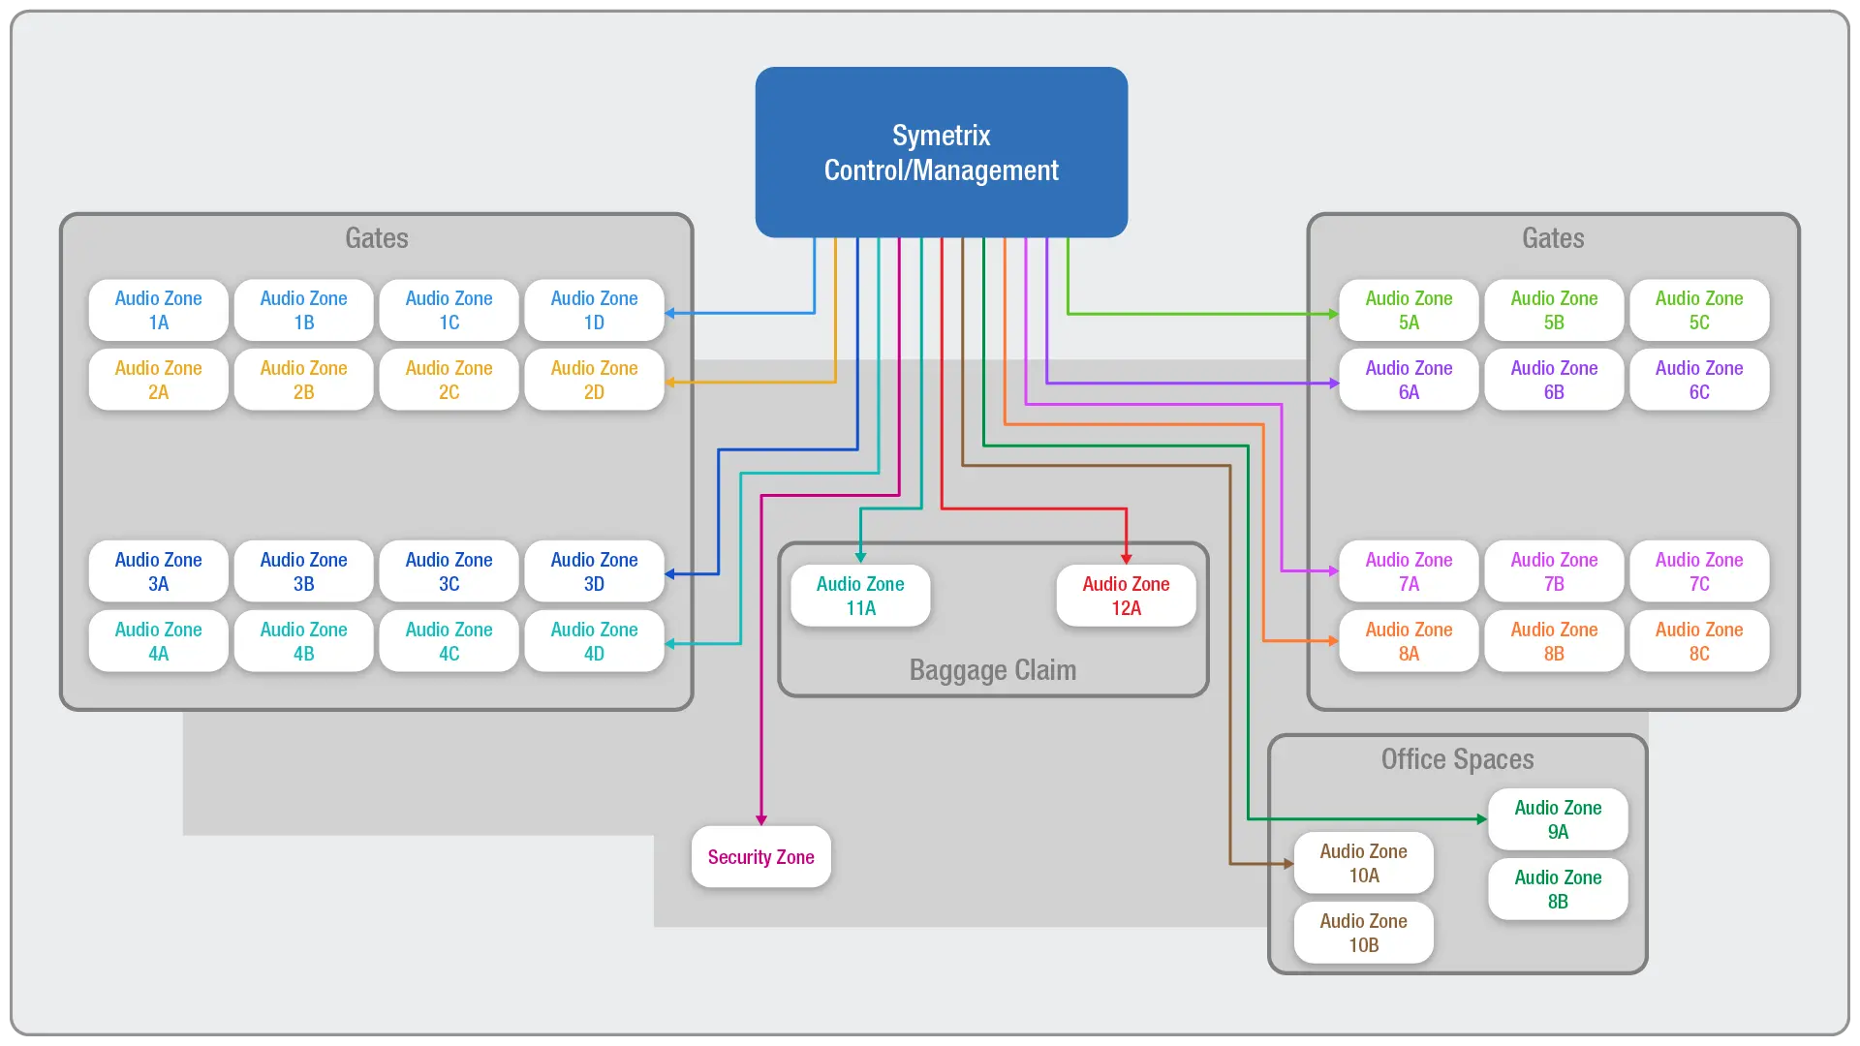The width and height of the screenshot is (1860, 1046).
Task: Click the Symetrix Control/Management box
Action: [x=941, y=152]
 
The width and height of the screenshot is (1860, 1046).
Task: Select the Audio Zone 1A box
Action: [x=158, y=310]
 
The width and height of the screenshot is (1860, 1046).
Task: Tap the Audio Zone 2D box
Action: [x=594, y=380]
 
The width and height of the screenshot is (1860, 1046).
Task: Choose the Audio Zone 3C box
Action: [x=449, y=571]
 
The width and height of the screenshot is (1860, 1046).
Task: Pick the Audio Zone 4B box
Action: [x=303, y=641]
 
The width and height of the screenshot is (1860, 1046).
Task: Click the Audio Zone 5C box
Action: [x=1698, y=310]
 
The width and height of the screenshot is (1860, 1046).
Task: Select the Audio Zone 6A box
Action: [x=1409, y=380]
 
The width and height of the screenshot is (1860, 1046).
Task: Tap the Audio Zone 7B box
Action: [x=1554, y=571]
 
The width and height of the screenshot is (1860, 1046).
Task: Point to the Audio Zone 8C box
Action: [x=1698, y=641]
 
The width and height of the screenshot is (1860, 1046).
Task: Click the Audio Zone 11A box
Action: [x=860, y=596]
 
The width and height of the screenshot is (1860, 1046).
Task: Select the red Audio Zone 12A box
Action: [x=1126, y=596]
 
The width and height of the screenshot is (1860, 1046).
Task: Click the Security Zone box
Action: [x=760, y=857]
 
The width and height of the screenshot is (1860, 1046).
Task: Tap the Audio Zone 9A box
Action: [x=1558, y=819]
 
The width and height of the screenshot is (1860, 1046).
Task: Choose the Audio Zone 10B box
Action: [x=1363, y=933]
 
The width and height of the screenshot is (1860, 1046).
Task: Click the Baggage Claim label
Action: [x=992, y=670]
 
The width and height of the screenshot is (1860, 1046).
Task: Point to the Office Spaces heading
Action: [x=1457, y=759]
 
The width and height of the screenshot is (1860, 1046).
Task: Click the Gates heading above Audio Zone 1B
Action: [x=376, y=238]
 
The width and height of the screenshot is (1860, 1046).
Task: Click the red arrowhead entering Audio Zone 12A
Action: [x=1126, y=558]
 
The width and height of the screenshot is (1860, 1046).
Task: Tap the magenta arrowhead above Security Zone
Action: [x=761, y=819]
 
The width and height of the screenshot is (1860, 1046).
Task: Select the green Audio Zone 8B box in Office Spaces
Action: [x=1558, y=889]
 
